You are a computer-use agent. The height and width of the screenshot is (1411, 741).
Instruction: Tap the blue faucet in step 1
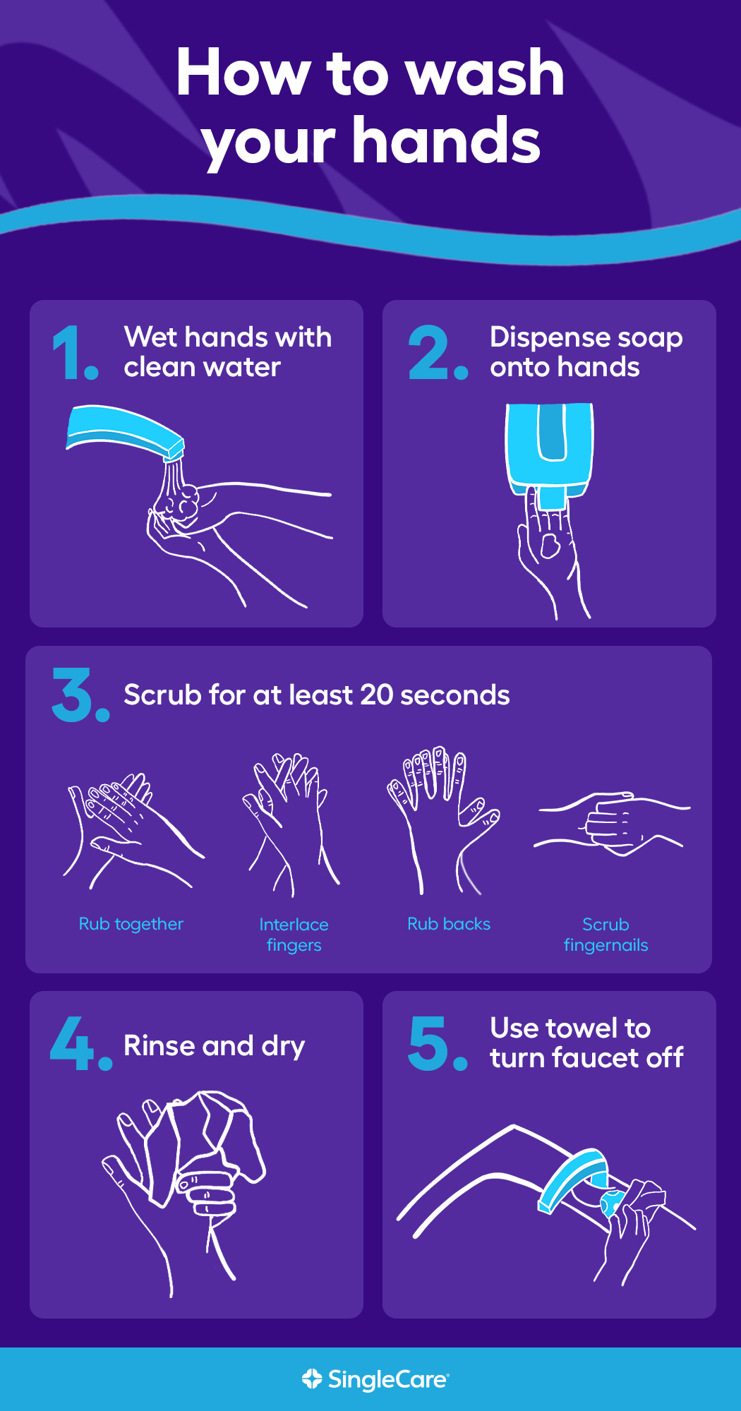click(123, 429)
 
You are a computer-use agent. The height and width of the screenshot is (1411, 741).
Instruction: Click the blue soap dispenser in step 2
click(550, 449)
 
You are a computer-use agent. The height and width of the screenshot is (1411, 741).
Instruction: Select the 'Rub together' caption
click(131, 924)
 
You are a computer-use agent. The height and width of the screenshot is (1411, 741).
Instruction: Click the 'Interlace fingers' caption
click(294, 934)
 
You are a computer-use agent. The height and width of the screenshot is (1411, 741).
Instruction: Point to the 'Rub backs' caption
click(449, 924)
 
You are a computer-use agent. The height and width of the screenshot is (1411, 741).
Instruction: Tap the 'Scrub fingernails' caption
click(606, 934)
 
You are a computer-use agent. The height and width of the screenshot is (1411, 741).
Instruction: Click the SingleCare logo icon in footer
click(311, 1379)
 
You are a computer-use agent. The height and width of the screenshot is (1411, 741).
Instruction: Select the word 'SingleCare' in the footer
click(387, 1379)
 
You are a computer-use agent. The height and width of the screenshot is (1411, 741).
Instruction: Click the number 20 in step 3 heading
click(376, 695)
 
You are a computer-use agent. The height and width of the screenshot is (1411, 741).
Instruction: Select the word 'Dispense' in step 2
click(539, 337)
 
